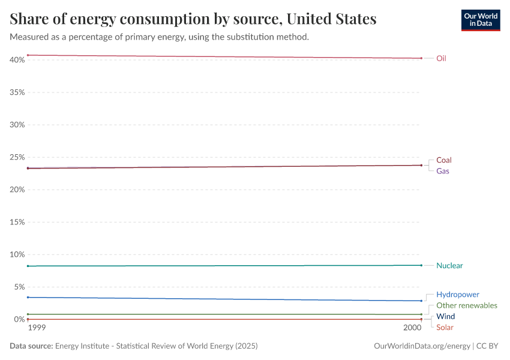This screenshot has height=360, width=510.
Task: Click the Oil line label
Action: point(441,58)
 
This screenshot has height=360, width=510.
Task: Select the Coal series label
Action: point(443,160)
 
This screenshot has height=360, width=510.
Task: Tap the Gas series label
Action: point(442,171)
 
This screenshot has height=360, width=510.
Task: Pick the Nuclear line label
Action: point(449,265)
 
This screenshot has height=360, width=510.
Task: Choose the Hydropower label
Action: point(457,295)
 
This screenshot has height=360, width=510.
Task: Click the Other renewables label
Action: point(466,305)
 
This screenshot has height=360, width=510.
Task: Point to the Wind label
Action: point(445,316)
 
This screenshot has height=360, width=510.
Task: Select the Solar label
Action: point(445,327)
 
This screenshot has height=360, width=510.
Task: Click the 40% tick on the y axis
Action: point(17,60)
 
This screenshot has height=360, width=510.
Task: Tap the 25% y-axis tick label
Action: point(17,157)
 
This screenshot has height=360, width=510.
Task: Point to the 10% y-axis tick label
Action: point(17,254)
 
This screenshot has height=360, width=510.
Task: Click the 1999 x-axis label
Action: point(37,328)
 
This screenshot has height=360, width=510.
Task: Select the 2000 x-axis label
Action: point(412,328)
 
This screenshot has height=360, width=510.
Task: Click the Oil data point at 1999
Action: point(28,55)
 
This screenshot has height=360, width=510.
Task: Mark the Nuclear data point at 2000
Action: point(421,265)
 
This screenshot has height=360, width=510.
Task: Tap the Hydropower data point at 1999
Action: point(28,298)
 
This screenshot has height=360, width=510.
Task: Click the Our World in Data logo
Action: point(480,20)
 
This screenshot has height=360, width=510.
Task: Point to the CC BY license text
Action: point(488,346)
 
